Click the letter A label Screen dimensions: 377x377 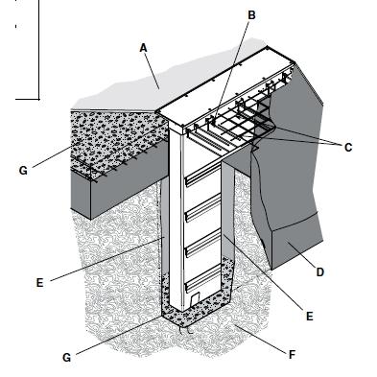pos(143,48)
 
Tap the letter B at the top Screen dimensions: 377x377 pos(251,15)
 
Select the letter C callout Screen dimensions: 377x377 pos(348,148)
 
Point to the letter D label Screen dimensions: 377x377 pos(320,272)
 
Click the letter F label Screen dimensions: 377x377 pos(292,354)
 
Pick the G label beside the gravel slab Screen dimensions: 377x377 pos(23,171)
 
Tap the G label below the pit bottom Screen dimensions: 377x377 pos(66,358)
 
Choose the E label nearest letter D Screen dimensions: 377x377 pos(309,317)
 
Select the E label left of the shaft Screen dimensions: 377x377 pos(39,283)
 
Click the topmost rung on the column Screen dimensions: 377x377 pos(202,177)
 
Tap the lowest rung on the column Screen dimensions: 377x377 pos(202,281)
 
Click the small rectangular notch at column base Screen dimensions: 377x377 pos(196,298)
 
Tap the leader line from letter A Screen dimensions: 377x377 pos(153,70)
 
